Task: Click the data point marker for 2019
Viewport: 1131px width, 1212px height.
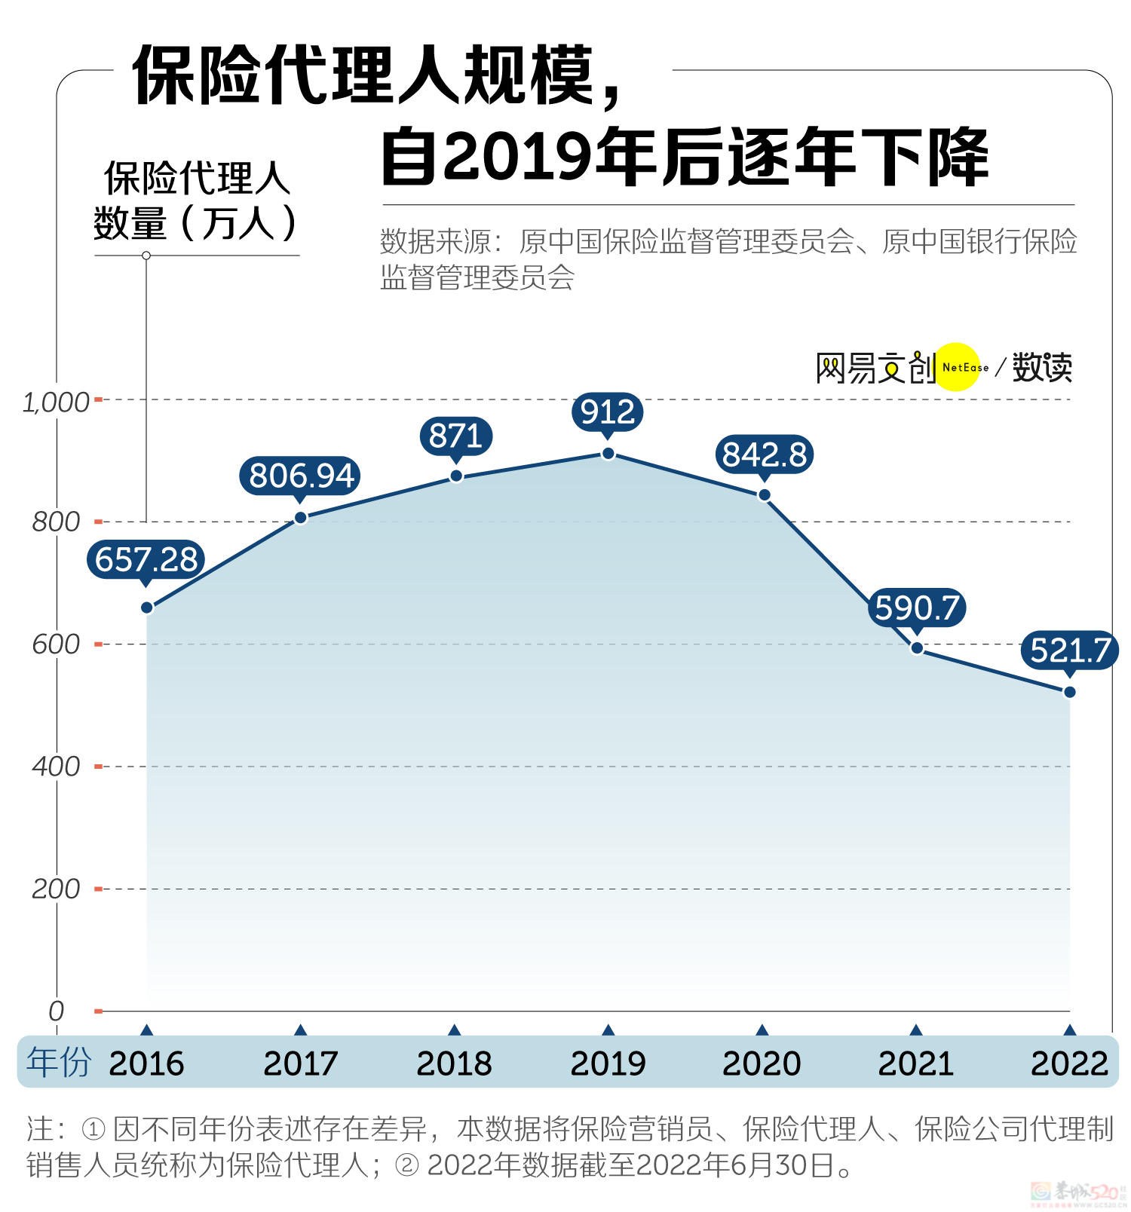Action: point(608,454)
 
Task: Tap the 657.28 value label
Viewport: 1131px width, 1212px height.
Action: point(146,559)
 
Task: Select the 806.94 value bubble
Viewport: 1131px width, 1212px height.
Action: point(301,476)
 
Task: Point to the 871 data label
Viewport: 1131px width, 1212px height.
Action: point(455,436)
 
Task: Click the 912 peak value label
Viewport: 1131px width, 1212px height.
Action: point(607,412)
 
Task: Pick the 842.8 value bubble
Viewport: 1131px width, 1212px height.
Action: point(764,454)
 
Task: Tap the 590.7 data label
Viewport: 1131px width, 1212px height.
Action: point(917,608)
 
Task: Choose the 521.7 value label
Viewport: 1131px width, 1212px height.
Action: point(1070,650)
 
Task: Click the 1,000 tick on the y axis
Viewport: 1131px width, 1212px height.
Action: point(56,402)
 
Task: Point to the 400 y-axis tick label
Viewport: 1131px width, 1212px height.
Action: point(56,767)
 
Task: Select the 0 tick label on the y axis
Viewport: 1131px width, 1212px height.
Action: point(56,1011)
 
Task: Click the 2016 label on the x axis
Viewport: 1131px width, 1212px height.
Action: point(146,1064)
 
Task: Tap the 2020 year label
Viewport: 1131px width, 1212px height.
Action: point(762,1064)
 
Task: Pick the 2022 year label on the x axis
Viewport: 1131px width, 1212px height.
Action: point(1069,1064)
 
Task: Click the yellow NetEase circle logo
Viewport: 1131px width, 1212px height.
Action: point(958,367)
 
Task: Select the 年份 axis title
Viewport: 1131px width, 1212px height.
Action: point(59,1062)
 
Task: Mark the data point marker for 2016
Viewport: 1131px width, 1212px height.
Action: point(147,608)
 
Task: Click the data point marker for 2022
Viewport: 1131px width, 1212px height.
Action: point(1069,692)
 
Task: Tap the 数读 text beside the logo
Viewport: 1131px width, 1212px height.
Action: point(1041,368)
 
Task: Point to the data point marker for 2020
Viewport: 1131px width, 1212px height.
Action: point(764,495)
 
